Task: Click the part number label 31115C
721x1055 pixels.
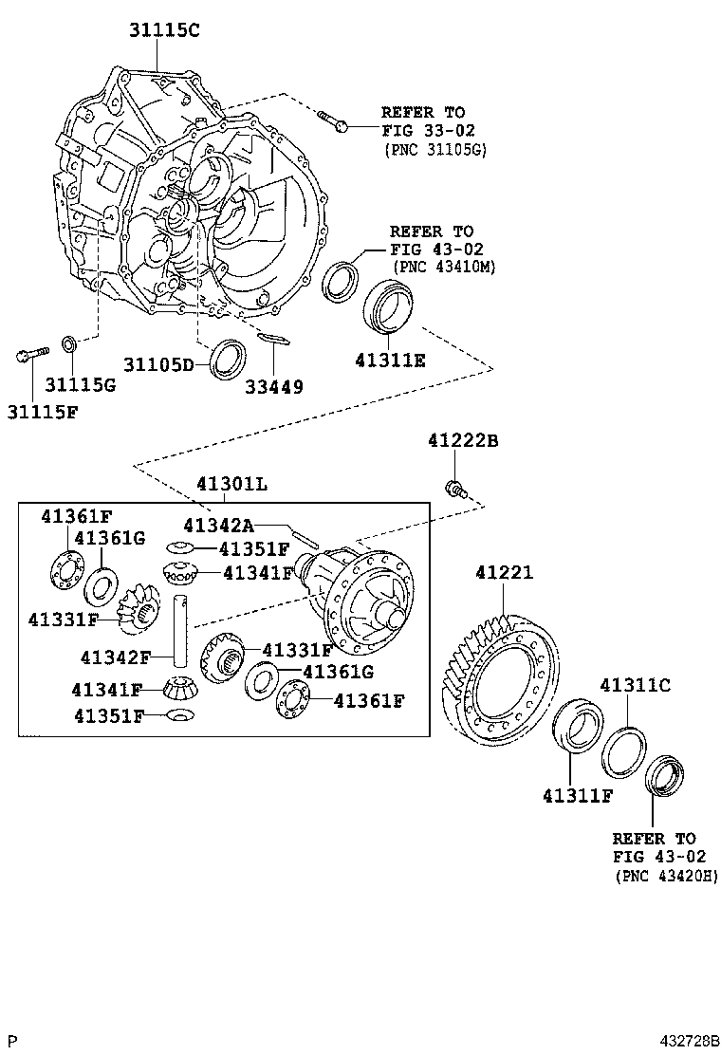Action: (165, 29)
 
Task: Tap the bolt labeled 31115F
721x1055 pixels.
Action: (30, 356)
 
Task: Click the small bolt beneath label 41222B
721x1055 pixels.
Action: (454, 489)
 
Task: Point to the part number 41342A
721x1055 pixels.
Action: (218, 525)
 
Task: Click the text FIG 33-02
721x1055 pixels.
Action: (428, 130)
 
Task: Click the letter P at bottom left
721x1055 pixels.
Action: (12, 1041)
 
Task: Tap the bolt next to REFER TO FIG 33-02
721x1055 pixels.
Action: (332, 120)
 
